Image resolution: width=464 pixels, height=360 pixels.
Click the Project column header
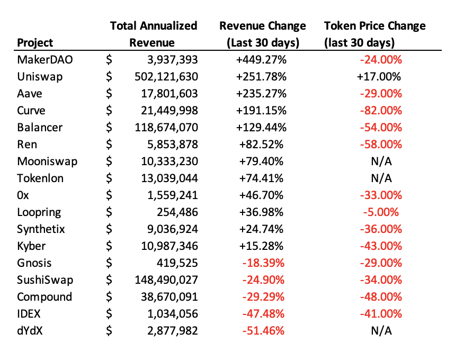35,43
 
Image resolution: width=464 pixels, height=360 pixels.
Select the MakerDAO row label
45,60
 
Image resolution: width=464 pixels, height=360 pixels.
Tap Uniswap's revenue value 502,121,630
166,77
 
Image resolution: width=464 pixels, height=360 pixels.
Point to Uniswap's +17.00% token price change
379,77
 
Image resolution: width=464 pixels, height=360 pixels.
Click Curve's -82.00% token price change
381,111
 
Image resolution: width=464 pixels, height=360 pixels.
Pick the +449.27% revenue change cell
261,60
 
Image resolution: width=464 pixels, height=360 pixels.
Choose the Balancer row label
40,128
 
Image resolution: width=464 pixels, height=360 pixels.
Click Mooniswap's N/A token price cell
381,161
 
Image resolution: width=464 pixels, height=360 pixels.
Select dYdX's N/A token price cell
381,331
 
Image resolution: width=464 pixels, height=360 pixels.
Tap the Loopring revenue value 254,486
177,212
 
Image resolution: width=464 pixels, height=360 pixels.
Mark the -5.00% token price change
381,212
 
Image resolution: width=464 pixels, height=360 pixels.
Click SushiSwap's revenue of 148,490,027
166,280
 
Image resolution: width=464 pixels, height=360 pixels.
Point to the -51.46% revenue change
263,331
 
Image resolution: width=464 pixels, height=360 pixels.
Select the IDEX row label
29,314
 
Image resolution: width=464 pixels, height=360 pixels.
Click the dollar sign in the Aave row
109,94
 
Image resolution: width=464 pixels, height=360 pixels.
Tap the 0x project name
23,195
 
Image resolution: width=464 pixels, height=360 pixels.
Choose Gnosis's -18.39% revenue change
263,263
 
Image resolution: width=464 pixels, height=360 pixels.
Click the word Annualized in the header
168,26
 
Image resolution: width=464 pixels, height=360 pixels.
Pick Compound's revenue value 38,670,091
169,296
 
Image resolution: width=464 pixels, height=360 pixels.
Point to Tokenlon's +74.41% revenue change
261,178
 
